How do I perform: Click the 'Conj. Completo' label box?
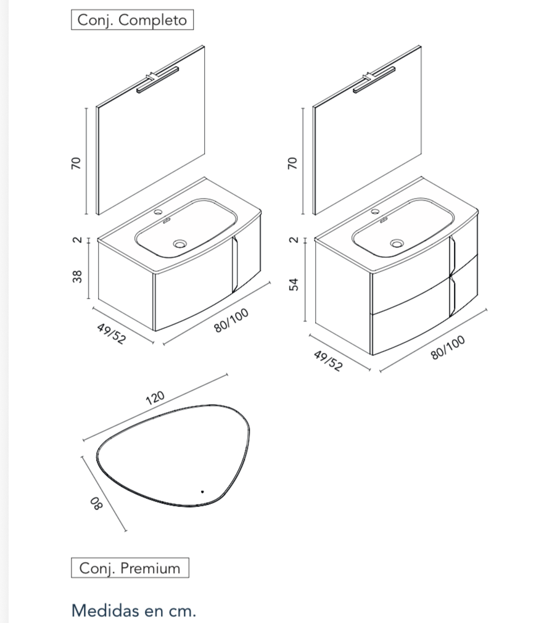[x=132, y=20]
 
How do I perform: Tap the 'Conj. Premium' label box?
[x=130, y=568]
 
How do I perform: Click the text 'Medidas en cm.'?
[x=134, y=611]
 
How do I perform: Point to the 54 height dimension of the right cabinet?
[x=294, y=284]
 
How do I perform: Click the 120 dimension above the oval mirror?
[x=155, y=398]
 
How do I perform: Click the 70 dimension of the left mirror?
[x=76, y=163]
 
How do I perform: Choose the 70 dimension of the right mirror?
[x=294, y=163]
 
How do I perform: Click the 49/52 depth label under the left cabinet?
[x=111, y=334]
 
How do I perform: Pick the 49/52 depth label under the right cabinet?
[x=327, y=362]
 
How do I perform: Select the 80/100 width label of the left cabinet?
[x=231, y=321]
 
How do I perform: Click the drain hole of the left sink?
[x=179, y=245]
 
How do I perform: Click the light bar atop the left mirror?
[x=157, y=80]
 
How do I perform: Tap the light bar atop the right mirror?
[x=374, y=81]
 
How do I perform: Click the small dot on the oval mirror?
[x=202, y=492]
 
